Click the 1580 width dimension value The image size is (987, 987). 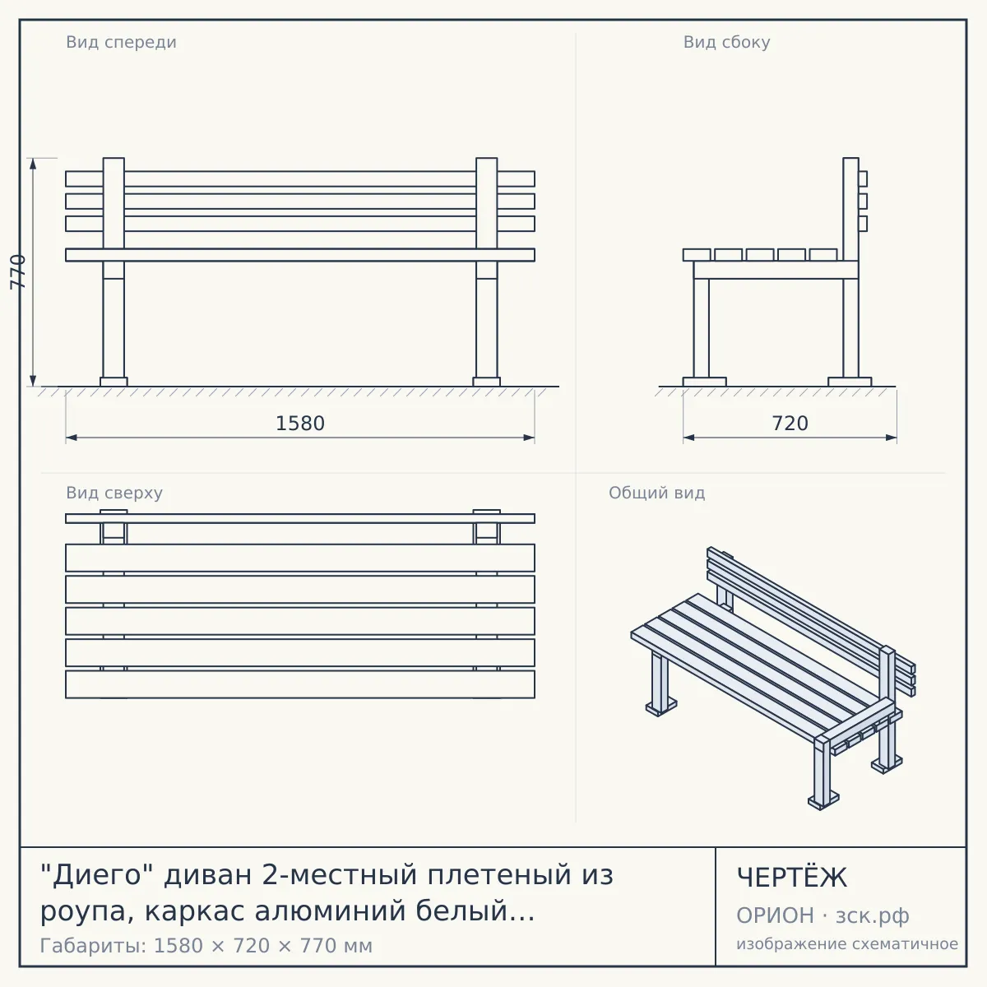(300, 424)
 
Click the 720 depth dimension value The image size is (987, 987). (790, 424)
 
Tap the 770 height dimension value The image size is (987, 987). (18, 272)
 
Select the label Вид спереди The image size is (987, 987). (122, 42)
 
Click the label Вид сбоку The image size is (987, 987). (727, 42)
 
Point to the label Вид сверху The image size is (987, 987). (114, 493)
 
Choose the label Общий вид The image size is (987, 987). (656, 493)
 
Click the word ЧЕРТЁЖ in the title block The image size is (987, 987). (792, 877)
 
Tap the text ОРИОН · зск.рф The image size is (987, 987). (822, 915)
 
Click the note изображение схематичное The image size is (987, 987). (847, 943)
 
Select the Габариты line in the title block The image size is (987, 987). (206, 946)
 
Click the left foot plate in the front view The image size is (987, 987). (114, 382)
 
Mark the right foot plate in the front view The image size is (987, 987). (487, 382)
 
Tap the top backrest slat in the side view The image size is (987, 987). (863, 178)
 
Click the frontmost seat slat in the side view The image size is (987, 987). (697, 254)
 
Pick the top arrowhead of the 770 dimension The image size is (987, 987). (33, 164)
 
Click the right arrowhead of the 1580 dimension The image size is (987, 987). (529, 438)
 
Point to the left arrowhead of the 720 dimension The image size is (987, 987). (689, 438)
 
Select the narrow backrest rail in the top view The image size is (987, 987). (300, 518)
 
